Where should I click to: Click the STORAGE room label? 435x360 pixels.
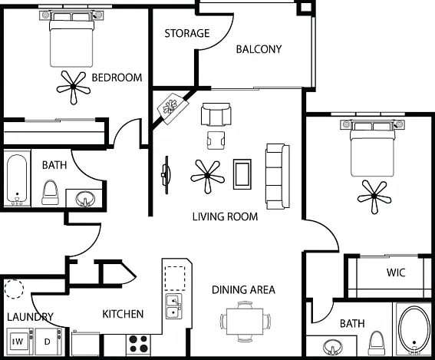coord(187,33)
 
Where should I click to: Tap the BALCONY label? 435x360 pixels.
coord(259,49)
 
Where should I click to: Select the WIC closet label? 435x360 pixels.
coord(396,272)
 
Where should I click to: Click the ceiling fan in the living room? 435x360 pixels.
coord(207,176)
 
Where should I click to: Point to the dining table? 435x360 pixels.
coord(245,321)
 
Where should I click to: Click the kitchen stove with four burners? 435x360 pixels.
coord(138,344)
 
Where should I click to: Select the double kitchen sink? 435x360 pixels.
coord(174,306)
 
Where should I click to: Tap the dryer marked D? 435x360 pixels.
coord(48,342)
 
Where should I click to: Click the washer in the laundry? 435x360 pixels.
coord(20,342)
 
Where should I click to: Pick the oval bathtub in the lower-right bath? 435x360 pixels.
coord(414,330)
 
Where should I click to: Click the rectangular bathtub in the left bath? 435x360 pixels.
coord(17,179)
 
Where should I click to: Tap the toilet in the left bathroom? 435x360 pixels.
coord(50,193)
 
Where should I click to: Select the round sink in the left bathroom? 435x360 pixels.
coord(85,199)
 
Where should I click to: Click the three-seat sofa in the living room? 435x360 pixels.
coord(278,177)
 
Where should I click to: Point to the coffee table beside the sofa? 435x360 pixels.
coord(242,174)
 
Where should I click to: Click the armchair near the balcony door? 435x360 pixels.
coord(216,114)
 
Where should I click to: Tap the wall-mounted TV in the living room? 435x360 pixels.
coord(166,175)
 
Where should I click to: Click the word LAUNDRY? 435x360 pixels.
coord(30,317)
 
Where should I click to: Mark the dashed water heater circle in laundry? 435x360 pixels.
coord(14,289)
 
